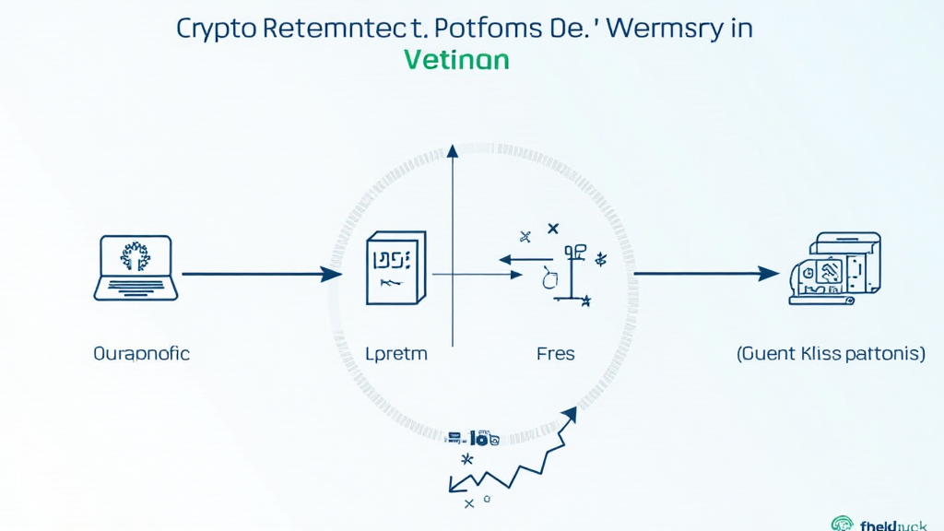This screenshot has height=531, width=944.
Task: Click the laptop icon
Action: [135, 267]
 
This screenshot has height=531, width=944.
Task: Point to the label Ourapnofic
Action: [142, 354]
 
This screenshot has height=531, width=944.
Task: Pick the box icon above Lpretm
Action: [394, 267]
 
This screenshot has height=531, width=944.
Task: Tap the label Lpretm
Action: [396, 354]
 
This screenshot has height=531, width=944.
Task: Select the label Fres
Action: [556, 354]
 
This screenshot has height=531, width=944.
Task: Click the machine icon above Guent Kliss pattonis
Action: [833, 268]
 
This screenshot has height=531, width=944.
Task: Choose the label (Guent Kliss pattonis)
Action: [831, 354]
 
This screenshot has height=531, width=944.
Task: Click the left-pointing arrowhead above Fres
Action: [506, 259]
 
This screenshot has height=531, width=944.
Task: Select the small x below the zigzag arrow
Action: [468, 503]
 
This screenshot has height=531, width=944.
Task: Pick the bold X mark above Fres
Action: [553, 228]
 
